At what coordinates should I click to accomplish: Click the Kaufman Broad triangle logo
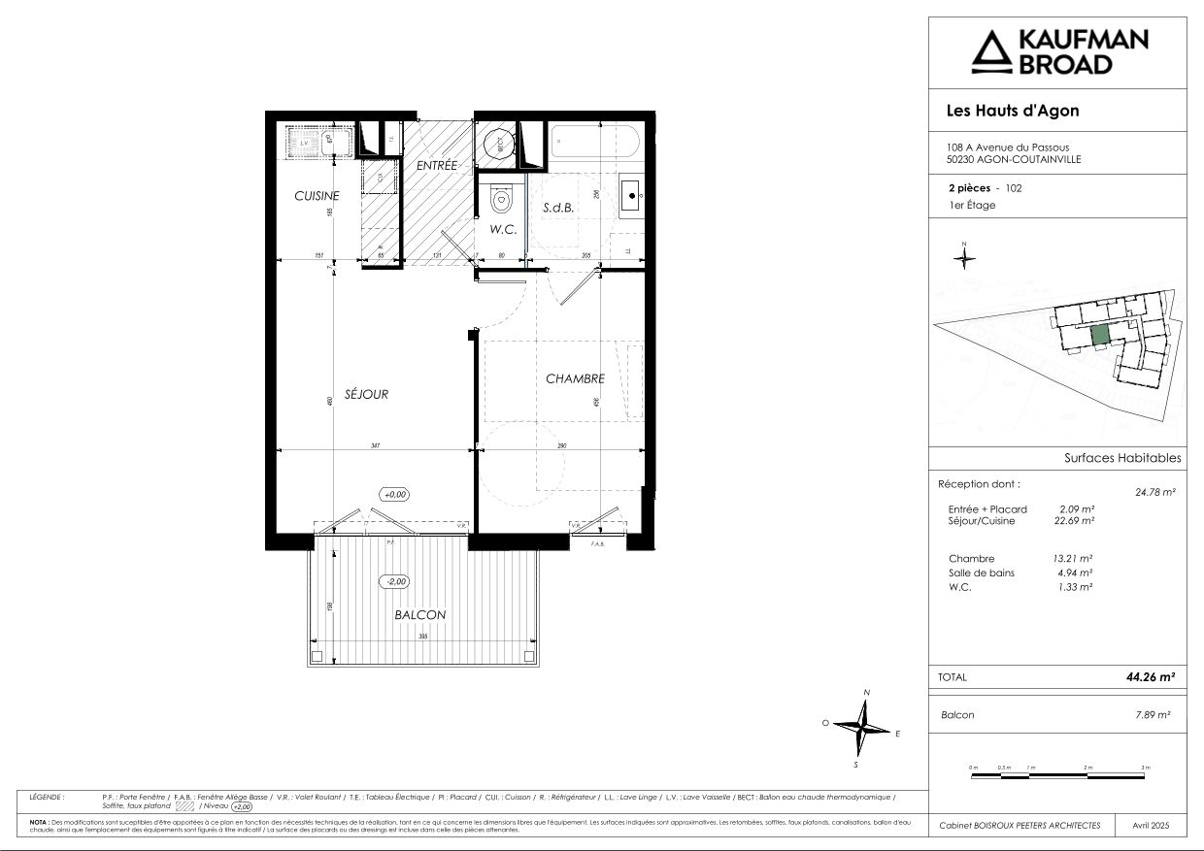click(991, 54)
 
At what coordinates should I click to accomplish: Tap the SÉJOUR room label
click(368, 394)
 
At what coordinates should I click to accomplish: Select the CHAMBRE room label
click(575, 378)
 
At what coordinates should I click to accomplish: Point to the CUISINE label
click(317, 196)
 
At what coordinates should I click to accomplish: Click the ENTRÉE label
click(437, 166)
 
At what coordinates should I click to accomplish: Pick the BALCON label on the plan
click(420, 615)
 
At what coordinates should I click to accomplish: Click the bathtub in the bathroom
click(592, 146)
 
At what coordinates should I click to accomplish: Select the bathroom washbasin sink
click(632, 197)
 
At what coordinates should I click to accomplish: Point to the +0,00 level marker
click(394, 494)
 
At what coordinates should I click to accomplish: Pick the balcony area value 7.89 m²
click(1152, 715)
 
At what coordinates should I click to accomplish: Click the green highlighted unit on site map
click(1100, 336)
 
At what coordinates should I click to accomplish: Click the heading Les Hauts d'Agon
click(1012, 111)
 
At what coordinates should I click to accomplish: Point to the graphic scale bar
click(1058, 773)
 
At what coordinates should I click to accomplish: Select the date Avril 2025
click(1152, 825)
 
